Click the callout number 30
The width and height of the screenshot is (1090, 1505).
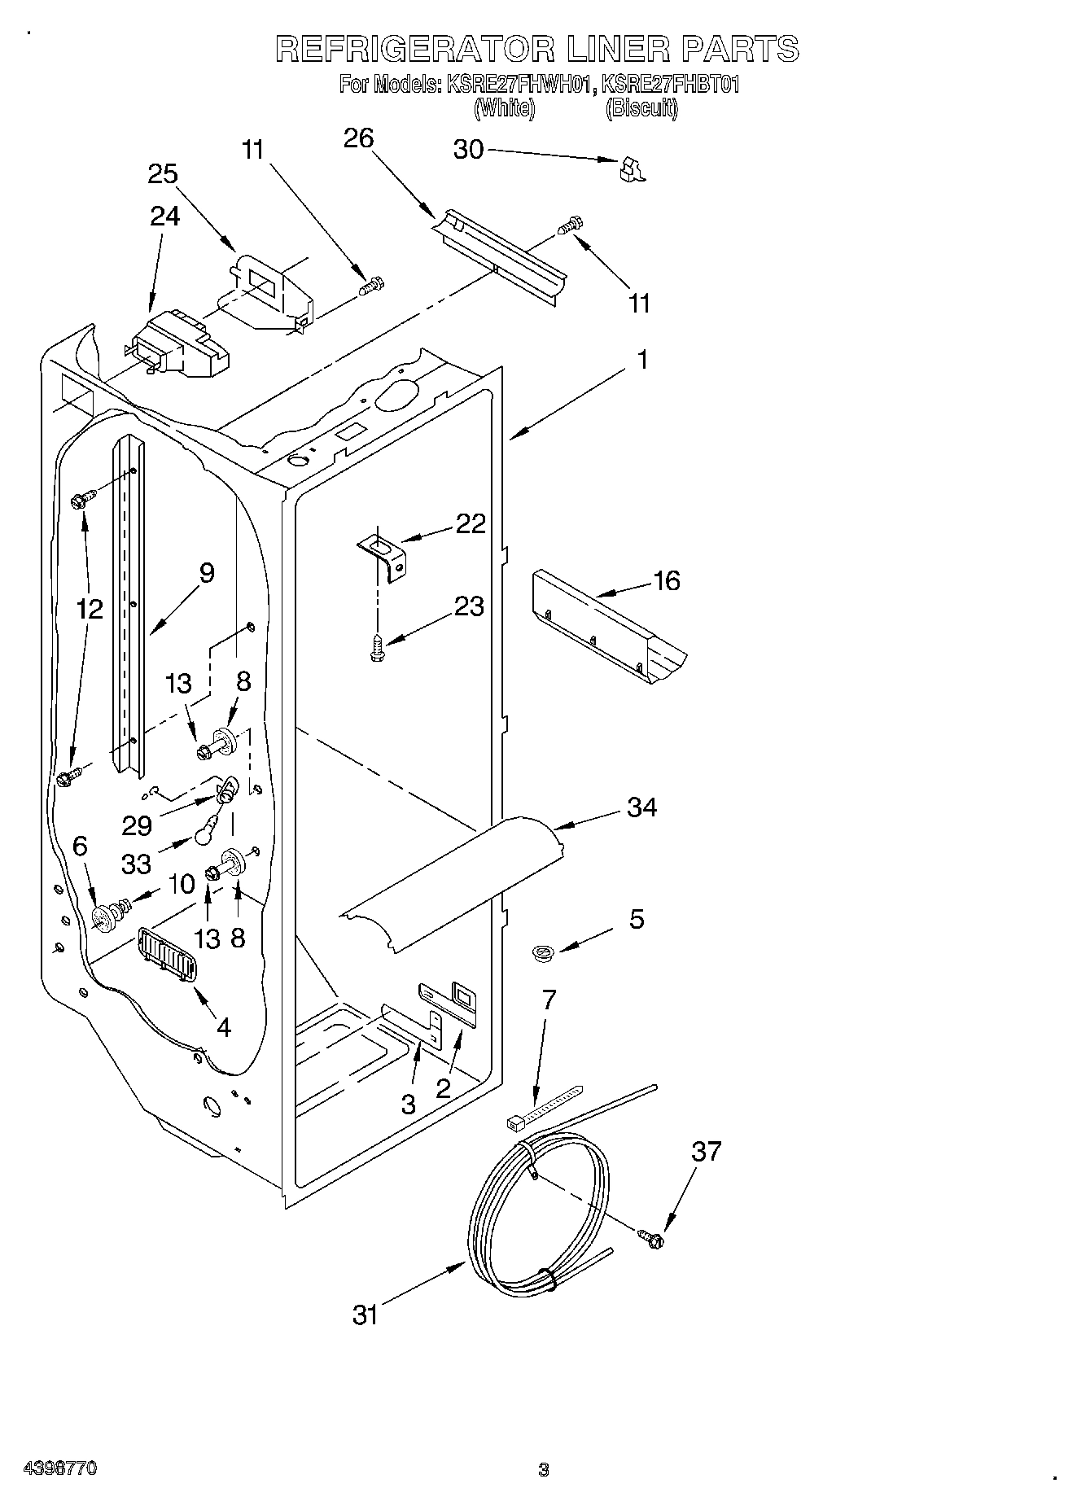click(467, 150)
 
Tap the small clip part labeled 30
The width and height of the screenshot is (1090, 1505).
click(630, 169)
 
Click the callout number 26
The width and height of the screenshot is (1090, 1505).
click(358, 139)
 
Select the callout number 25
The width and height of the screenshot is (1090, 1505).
click(163, 174)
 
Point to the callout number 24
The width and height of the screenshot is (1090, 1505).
click(164, 216)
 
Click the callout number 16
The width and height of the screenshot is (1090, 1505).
click(666, 581)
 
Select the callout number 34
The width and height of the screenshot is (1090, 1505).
click(641, 807)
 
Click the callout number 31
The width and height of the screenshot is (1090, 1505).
click(366, 1315)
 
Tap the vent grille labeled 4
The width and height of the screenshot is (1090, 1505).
click(169, 952)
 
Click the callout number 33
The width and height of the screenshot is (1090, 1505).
click(136, 864)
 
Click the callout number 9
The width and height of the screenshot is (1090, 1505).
click(207, 573)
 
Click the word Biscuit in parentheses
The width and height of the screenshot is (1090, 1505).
click(641, 108)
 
